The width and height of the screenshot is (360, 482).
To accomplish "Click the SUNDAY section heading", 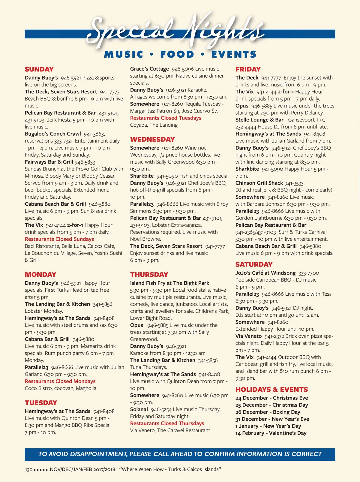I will point(39,69).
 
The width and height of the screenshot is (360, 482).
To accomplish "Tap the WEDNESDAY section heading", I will point(152,139).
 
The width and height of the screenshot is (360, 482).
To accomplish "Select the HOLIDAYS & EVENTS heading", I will point(271,390).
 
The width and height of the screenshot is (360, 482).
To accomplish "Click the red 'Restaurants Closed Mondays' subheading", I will point(60,381).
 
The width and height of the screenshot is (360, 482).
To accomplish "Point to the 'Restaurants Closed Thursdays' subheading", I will point(167,423).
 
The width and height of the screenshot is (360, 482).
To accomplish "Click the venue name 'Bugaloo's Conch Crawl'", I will point(53,134).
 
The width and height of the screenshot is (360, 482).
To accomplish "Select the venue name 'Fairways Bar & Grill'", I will point(49,162).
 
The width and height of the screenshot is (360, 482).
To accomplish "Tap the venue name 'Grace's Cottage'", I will point(149,69).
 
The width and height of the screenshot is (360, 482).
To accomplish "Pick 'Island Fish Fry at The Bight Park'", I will point(169,283).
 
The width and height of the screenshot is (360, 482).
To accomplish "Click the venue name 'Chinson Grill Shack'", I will point(259,183).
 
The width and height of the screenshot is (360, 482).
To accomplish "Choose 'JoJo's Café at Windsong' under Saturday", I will point(265,273).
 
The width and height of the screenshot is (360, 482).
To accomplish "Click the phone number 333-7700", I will point(309,273).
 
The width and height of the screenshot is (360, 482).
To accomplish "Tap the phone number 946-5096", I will point(183,69).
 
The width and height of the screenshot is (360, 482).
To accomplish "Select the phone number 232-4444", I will point(246,127).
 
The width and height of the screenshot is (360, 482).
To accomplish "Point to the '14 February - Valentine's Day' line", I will point(271,433).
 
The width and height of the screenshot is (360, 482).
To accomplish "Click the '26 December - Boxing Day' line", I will point(268,412).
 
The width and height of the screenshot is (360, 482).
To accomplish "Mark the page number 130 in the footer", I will point(29,469).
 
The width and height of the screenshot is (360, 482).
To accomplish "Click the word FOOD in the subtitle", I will point(177,54).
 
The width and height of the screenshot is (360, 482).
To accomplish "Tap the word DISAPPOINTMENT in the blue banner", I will point(98,454).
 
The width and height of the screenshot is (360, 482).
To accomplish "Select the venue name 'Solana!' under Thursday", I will point(139,409).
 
